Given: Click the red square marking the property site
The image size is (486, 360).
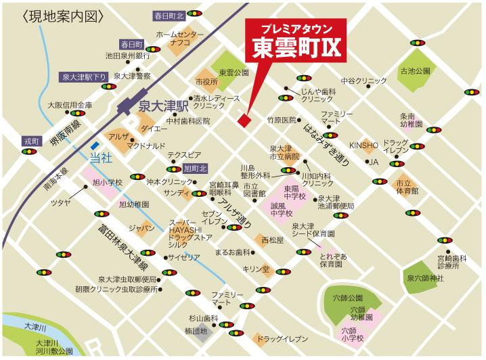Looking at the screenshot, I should [244, 119].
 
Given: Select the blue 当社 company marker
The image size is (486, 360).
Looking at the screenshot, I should [100, 157].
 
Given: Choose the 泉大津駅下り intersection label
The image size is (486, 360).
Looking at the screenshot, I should [83, 77].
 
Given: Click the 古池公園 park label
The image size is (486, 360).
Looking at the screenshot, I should [415, 70].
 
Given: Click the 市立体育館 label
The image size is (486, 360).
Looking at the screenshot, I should [407, 187].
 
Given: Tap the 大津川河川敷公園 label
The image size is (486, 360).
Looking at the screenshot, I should [51, 347].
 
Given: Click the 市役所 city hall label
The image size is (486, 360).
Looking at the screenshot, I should [206, 81].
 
